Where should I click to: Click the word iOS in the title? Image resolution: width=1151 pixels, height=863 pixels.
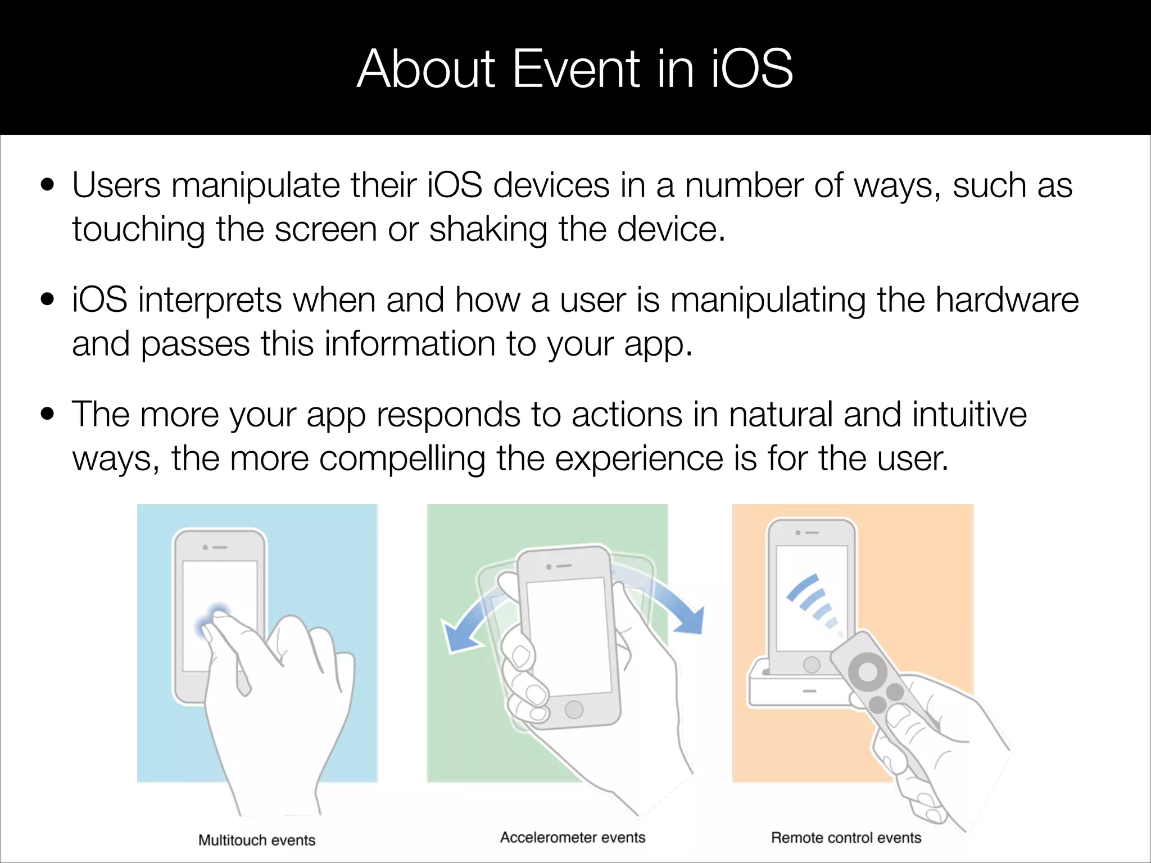pyautogui.click(x=752, y=69)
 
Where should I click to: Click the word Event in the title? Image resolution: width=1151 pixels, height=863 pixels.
pyautogui.click(x=576, y=69)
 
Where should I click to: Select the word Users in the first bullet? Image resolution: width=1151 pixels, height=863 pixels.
pyautogui.click(x=116, y=185)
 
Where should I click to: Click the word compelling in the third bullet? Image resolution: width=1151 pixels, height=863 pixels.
pyautogui.click(x=402, y=458)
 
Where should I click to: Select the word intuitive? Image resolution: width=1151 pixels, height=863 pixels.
pyautogui.click(x=969, y=415)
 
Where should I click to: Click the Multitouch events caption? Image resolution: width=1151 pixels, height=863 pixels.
pyautogui.click(x=257, y=840)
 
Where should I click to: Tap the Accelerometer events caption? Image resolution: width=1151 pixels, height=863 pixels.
pyautogui.click(x=573, y=837)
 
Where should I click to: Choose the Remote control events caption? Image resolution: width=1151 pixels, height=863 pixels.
pyautogui.click(x=846, y=838)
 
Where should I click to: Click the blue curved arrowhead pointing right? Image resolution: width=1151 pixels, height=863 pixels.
pyautogui.click(x=690, y=621)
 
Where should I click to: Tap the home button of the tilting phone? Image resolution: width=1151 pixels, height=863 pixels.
pyautogui.click(x=574, y=709)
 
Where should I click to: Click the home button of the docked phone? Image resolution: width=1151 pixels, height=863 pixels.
pyautogui.click(x=812, y=665)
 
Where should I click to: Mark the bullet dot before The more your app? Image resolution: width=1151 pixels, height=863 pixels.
pyautogui.click(x=48, y=414)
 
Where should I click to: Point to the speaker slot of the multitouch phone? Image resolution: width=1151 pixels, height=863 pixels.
pyautogui.click(x=220, y=547)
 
